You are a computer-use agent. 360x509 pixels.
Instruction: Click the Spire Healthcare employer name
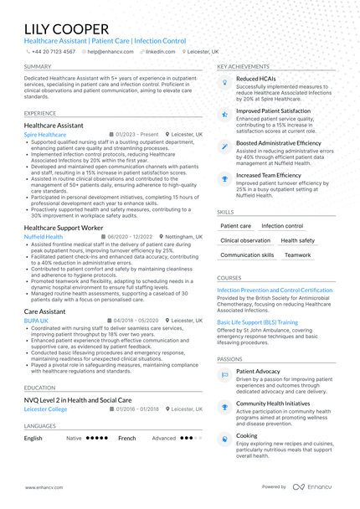(45, 134)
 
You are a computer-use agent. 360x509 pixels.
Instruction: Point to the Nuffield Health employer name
(44, 237)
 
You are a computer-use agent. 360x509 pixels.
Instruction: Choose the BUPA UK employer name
(36, 320)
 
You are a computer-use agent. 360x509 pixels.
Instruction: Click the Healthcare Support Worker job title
(64, 228)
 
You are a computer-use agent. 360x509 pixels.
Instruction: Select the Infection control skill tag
(282, 226)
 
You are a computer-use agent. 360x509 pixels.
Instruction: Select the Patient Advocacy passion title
(258, 370)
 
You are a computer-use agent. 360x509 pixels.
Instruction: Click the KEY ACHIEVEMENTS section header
(242, 65)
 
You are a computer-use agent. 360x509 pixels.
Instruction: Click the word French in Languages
(126, 438)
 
